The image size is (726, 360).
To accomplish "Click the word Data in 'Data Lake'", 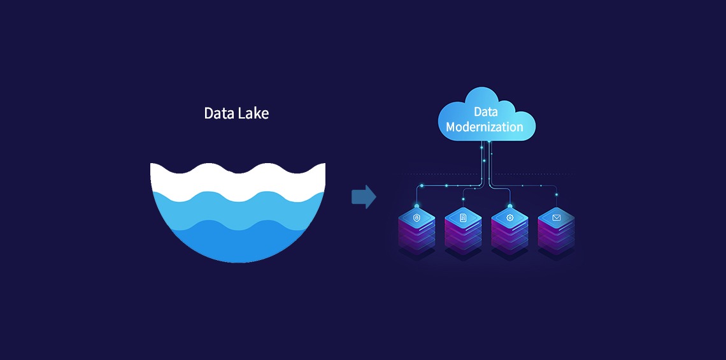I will pos(217,113).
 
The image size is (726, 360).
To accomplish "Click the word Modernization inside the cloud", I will pos(485,127).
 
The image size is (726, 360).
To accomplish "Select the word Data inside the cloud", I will pos(485,112).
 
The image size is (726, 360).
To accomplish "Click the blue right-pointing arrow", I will pos(364,197).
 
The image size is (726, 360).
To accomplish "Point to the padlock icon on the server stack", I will pos(417,218).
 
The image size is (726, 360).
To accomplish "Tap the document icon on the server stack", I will pos(463,218).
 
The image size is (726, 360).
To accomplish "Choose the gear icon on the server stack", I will pos(509,218).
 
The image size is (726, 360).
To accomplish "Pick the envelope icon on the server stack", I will pos(556,218).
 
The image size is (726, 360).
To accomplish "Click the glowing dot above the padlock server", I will pos(417,206).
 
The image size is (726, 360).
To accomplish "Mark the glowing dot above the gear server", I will pos(509,206).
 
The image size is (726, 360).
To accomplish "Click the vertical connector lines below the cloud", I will pos(485,159).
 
